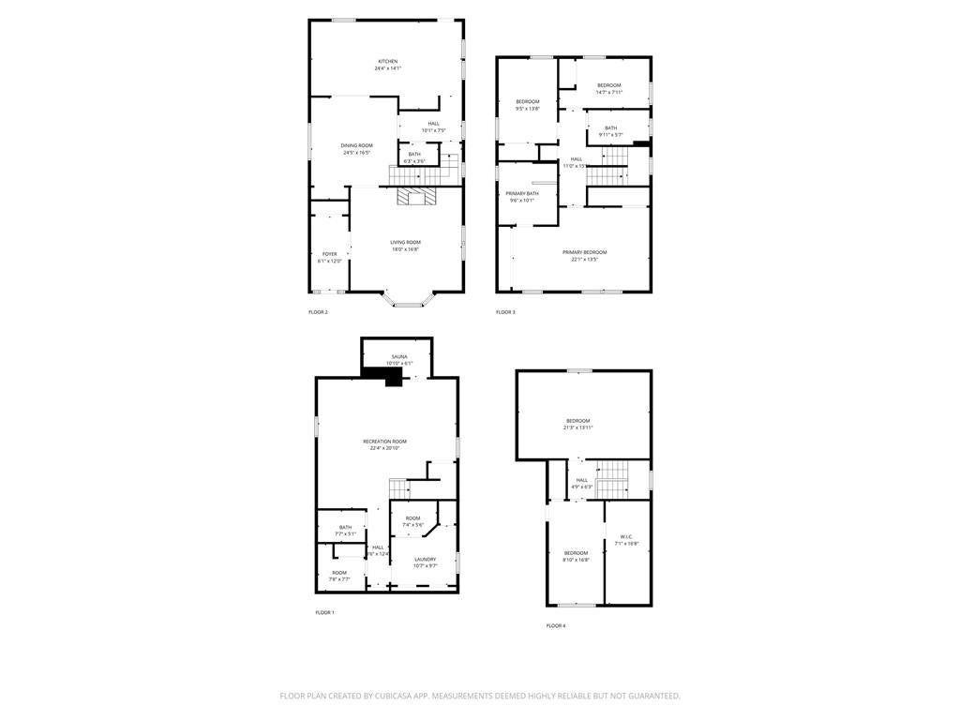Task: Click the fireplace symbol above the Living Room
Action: [415, 196]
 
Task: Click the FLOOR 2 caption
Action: [318, 312]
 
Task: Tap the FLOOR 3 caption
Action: [505, 312]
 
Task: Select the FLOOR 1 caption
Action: [324, 612]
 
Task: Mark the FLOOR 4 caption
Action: [556, 625]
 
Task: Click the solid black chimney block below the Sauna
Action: [383, 375]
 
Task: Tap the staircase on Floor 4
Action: [612, 479]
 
